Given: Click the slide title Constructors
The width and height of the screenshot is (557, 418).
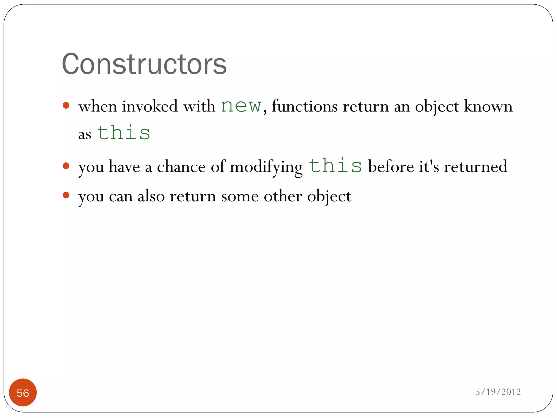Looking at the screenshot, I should coord(144,64).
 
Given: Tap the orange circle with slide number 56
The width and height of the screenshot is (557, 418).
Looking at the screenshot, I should coord(23,392).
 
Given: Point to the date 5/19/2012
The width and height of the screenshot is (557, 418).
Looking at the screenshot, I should coord(498,392).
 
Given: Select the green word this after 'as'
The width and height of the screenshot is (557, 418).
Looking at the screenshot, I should coord(124,133).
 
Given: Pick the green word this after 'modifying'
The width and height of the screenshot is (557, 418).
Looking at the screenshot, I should coord(335,166).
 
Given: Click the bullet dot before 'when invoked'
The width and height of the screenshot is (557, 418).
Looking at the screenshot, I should coord(66,105).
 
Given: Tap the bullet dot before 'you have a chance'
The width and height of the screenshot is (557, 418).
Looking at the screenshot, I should coord(66,166).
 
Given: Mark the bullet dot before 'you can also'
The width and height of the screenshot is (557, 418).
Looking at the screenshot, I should coord(66,195).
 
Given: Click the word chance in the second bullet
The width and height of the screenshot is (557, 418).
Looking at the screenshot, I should coord(181,167).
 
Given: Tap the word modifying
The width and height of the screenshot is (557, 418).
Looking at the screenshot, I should coord(266,167).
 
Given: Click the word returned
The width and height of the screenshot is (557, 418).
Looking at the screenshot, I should coord(476,167).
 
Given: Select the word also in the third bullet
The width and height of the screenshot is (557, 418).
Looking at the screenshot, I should coord(151,196).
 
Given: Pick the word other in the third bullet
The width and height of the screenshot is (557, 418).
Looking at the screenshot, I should coord(283,196).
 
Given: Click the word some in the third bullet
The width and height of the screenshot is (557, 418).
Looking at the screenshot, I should coord(240,196).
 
